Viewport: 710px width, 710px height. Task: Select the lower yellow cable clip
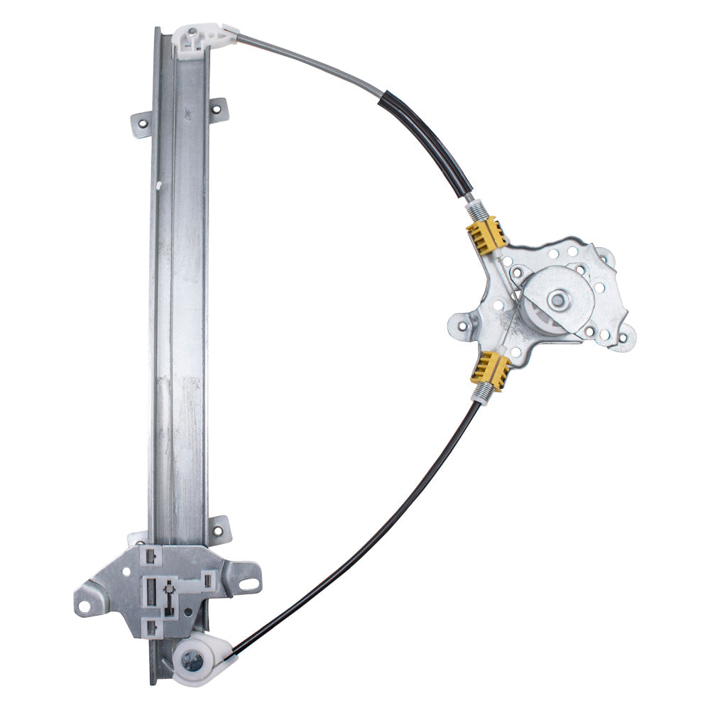(491, 369)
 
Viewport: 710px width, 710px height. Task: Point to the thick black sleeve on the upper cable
(426, 143)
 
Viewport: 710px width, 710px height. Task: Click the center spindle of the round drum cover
(560, 300)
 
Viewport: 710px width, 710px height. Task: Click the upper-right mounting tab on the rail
(218, 110)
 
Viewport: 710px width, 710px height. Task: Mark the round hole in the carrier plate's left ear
(84, 606)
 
